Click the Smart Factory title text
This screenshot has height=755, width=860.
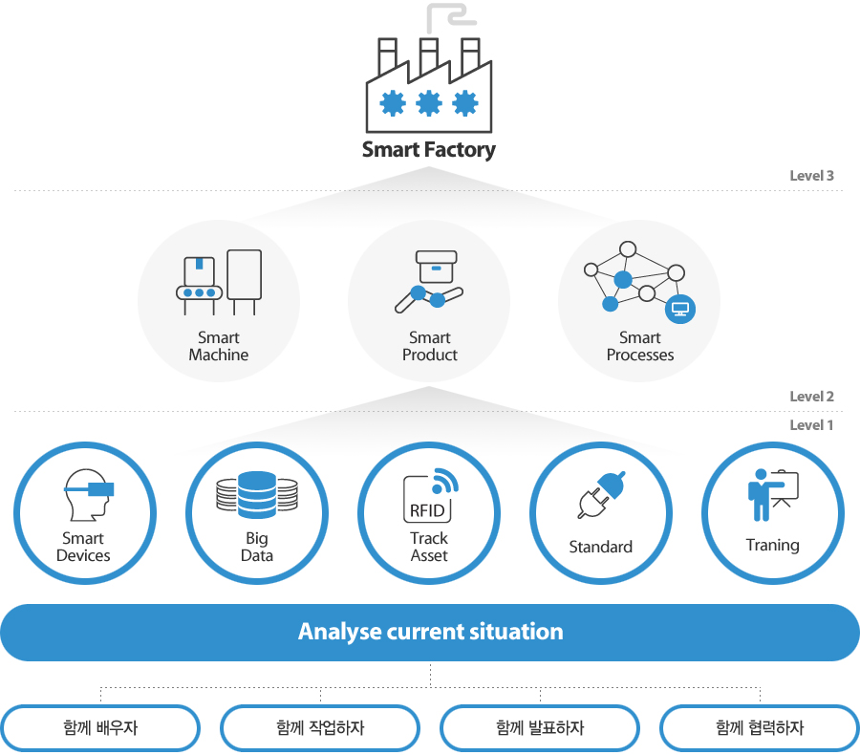428,150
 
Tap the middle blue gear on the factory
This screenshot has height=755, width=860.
429,103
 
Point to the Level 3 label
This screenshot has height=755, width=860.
811,176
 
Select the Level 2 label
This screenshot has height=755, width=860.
811,397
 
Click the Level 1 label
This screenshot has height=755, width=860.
811,424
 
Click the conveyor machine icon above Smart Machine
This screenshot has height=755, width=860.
218,282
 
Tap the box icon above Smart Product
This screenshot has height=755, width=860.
437,266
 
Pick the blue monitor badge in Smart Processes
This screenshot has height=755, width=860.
680,309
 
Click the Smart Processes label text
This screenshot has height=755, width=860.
640,346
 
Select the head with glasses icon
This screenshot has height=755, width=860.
89,494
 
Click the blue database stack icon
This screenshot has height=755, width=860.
257,494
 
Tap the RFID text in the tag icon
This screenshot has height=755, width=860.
427,511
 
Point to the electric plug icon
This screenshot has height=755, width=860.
602,494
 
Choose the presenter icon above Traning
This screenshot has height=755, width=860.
773,494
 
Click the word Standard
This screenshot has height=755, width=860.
601,547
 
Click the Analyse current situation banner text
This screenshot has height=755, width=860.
431,632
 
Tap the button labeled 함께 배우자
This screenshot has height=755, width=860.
100,728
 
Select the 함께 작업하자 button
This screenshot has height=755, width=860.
320,728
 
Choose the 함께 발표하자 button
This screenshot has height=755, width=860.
540,728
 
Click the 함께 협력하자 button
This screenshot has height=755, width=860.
761,728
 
